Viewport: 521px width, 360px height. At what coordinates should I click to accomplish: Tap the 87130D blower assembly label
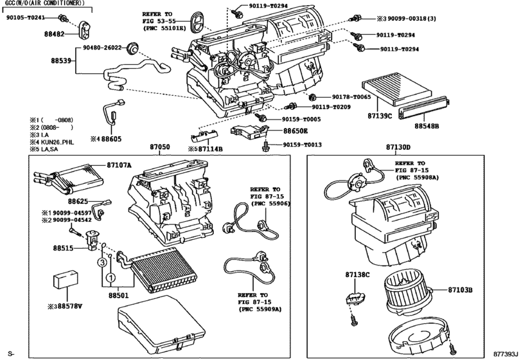coord(398,147)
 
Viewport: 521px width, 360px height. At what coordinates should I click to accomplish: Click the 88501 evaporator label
coord(119,296)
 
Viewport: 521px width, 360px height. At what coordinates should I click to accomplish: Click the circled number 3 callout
coord(102,263)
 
